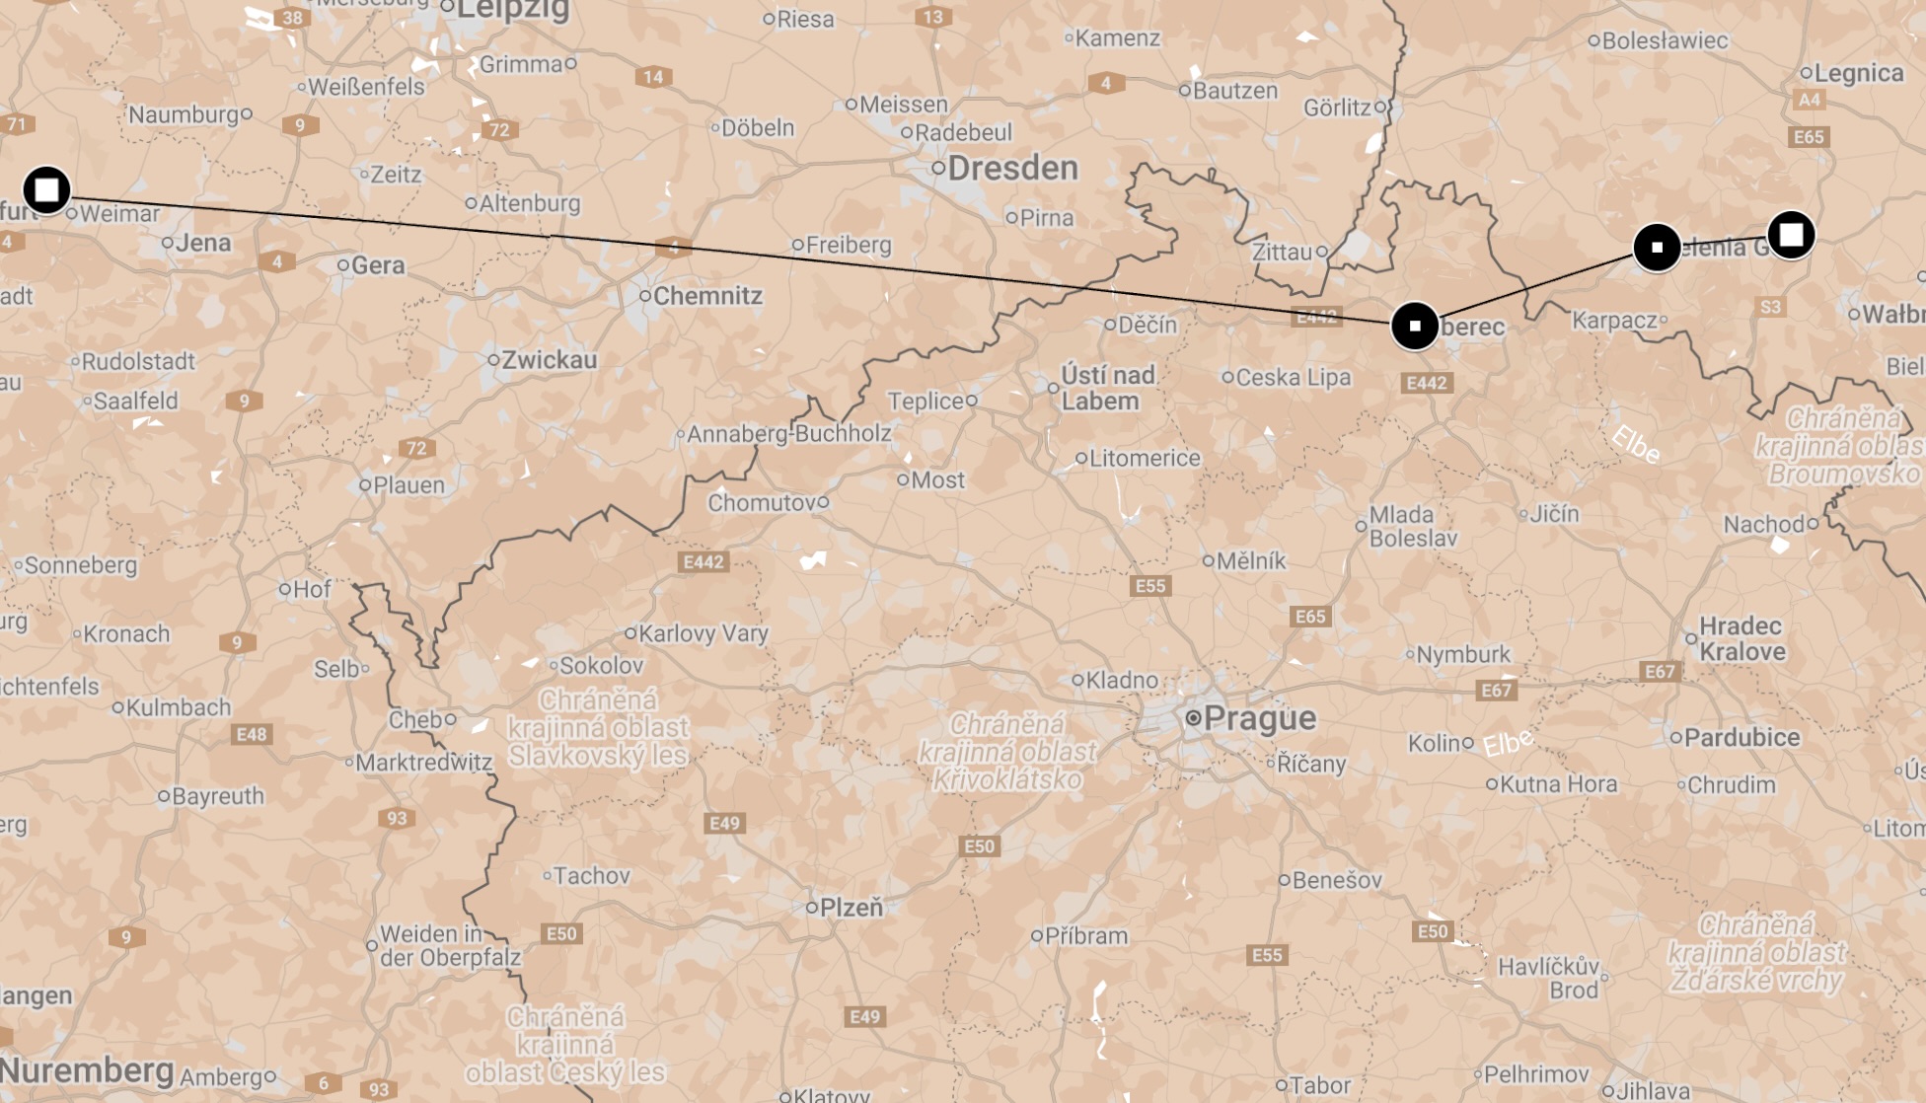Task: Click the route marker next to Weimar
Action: click(x=46, y=189)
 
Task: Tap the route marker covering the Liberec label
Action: click(x=1414, y=326)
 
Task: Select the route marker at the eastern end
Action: click(x=1791, y=235)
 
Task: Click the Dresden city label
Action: click(x=1012, y=168)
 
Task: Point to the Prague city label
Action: click(x=1259, y=717)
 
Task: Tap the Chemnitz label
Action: click(x=707, y=296)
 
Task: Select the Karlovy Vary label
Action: click(x=703, y=633)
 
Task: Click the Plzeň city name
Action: click(x=851, y=908)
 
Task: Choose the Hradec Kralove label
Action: click(x=1741, y=638)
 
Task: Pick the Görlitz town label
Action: click(x=1337, y=108)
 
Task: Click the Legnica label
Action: click(x=1859, y=73)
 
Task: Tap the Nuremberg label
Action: click(x=87, y=1069)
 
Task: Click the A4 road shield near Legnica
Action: click(x=1809, y=100)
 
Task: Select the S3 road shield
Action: click(x=1770, y=307)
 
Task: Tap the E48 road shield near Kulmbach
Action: click(x=252, y=734)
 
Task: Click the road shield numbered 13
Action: click(x=932, y=17)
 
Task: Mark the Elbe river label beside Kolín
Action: click(x=1509, y=742)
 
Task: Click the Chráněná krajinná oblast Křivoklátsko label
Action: click(x=1006, y=752)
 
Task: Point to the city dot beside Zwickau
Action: click(x=493, y=360)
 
